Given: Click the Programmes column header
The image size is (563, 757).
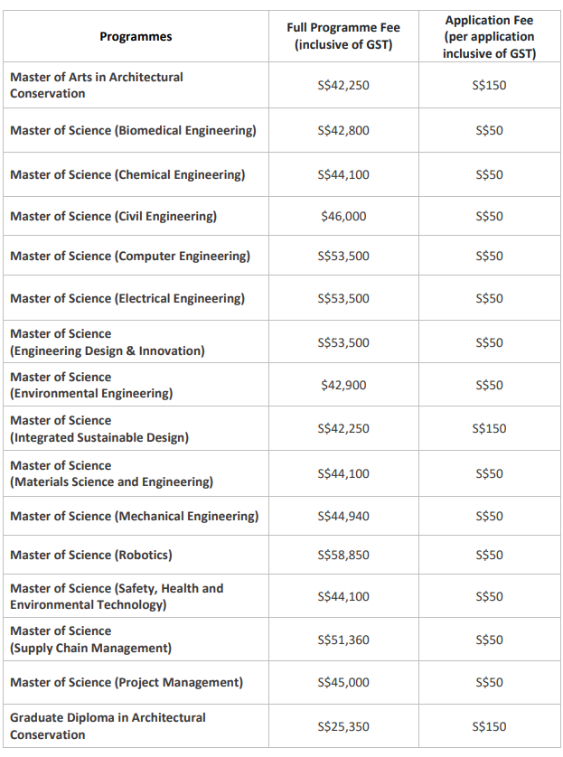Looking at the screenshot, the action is pyautogui.click(x=136, y=37).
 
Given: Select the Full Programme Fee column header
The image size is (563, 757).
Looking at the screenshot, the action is pyautogui.click(x=343, y=36).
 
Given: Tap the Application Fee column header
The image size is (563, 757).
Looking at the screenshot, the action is pyautogui.click(x=489, y=37).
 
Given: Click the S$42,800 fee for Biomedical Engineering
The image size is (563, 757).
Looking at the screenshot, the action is pyautogui.click(x=343, y=130).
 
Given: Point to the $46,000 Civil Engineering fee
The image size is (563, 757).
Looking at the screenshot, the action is pyautogui.click(x=343, y=216).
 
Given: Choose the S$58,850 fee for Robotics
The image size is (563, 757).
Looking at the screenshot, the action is pyautogui.click(x=343, y=556).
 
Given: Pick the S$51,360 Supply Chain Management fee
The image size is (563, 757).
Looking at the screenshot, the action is pyautogui.click(x=343, y=640).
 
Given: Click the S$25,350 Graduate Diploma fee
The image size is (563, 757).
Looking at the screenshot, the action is pyautogui.click(x=343, y=726).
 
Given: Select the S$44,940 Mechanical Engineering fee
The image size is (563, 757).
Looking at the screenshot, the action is pyautogui.click(x=343, y=516).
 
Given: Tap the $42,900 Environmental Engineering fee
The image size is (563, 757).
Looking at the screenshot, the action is pyautogui.click(x=343, y=385).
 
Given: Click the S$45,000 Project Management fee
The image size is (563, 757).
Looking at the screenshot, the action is pyautogui.click(x=343, y=682).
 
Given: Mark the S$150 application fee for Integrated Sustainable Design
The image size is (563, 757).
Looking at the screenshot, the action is pyautogui.click(x=489, y=429).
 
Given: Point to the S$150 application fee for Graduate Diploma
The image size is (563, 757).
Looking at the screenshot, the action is pyautogui.click(x=489, y=726).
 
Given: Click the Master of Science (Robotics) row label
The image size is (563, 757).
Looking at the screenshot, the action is pyautogui.click(x=90, y=556).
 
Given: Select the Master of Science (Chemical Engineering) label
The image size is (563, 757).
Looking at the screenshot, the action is pyautogui.click(x=127, y=174).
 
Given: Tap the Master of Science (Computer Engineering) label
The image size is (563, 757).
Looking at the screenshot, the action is pyautogui.click(x=130, y=256).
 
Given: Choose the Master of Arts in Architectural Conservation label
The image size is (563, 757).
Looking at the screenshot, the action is pyautogui.click(x=97, y=85).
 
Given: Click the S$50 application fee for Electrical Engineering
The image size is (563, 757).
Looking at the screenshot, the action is pyautogui.click(x=489, y=298).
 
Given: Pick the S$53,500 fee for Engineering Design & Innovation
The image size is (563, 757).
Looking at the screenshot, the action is pyautogui.click(x=343, y=342).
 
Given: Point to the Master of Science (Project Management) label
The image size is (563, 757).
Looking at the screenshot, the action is pyautogui.click(x=127, y=682).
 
